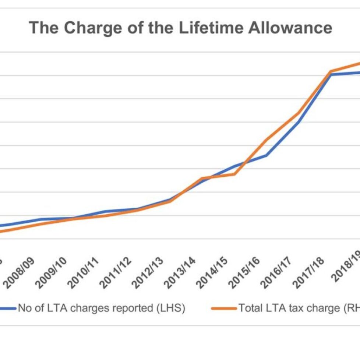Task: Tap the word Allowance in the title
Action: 290,28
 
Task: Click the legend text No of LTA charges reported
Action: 101,308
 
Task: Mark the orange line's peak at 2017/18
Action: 331,71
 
